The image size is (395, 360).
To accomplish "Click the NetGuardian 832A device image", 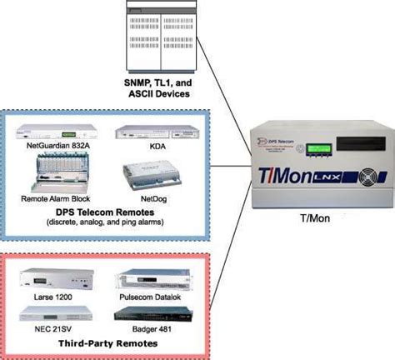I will (x=54, y=132).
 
